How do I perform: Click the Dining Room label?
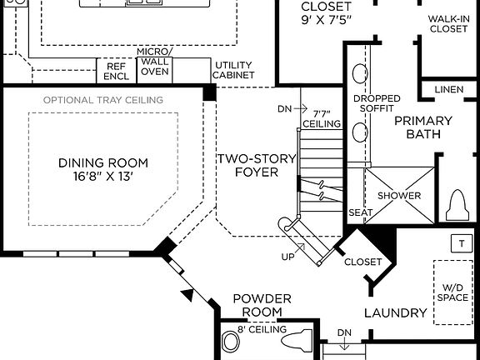click(x=103, y=162)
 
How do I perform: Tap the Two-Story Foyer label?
click(x=247, y=166)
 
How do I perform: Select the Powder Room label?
click(x=262, y=305)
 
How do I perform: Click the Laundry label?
click(x=396, y=313)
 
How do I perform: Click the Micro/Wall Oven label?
click(x=153, y=62)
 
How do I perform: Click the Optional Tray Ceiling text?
click(x=103, y=100)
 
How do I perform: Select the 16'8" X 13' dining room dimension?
click(x=103, y=177)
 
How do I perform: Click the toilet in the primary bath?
click(x=459, y=202)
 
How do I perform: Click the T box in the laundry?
click(x=460, y=243)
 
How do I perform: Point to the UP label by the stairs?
click(x=287, y=256)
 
